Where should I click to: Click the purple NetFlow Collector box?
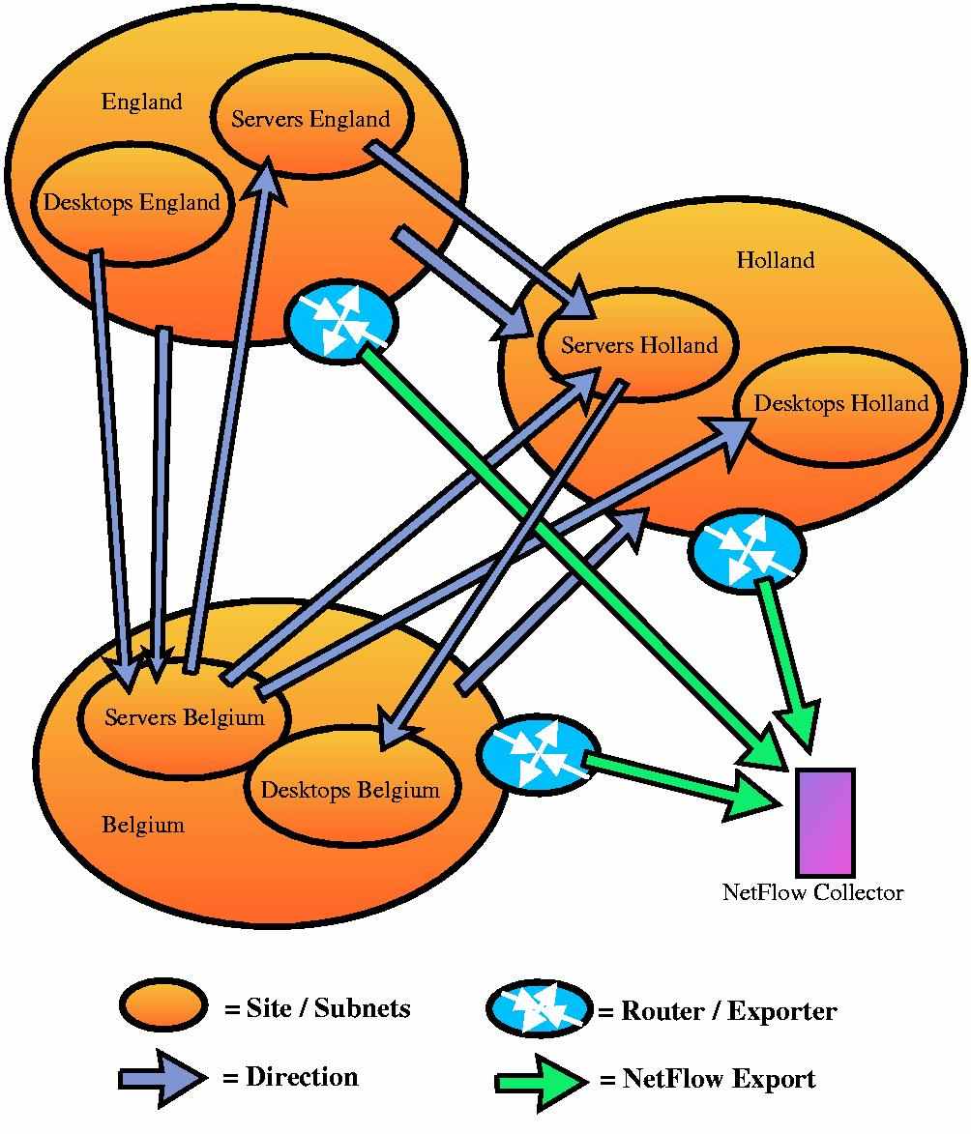pos(825,823)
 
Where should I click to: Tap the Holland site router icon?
pos(746,549)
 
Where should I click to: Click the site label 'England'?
pos(141,102)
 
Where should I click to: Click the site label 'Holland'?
pos(775,260)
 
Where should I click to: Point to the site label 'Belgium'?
pos(142,826)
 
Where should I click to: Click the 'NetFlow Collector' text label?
pos(812,892)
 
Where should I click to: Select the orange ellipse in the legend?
pos(163,1006)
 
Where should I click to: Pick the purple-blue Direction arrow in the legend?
pos(162,1078)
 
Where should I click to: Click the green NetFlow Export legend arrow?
pos(541,1081)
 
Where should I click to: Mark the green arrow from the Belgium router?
pos(677,779)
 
